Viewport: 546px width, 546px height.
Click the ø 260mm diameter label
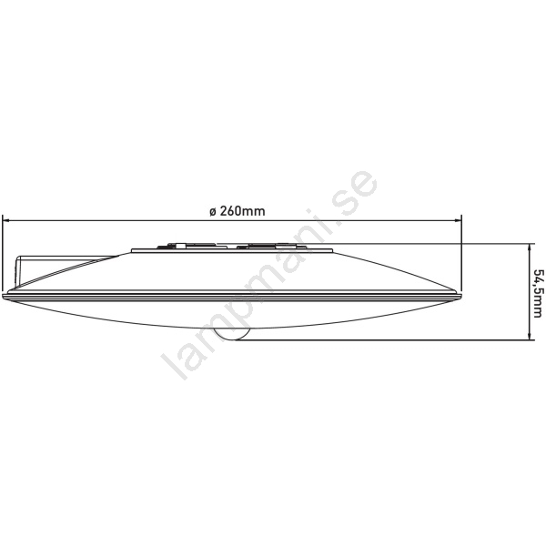(x=238, y=211)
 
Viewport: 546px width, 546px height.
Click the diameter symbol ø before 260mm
(x=213, y=211)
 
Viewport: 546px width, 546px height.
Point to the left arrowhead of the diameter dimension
(x=5, y=220)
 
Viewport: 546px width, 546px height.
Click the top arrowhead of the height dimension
(x=530, y=247)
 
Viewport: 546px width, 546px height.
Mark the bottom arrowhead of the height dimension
(x=530, y=337)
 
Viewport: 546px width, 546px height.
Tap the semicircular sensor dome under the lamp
(x=232, y=334)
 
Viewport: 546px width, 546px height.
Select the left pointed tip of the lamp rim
(x=2, y=296)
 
